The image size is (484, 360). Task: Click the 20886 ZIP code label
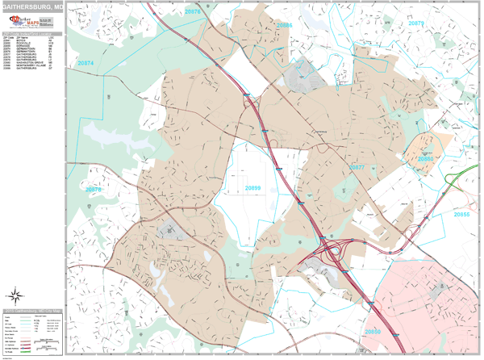(284, 26)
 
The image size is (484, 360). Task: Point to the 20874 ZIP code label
(85, 62)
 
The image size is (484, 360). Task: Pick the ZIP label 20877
(357, 167)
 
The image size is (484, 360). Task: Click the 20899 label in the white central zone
(253, 188)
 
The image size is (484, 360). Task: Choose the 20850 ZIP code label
(373, 332)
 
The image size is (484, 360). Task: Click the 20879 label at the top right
(416, 23)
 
